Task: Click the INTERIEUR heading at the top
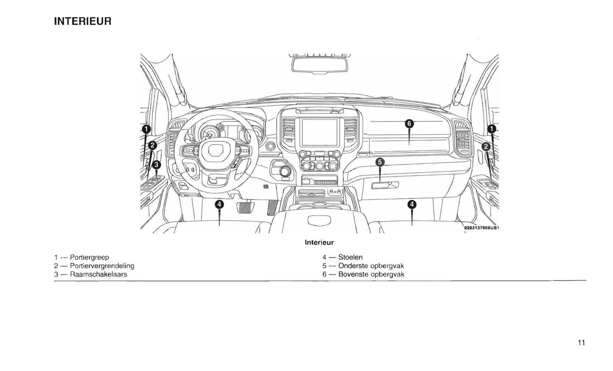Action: tap(83, 21)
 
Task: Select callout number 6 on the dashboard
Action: tap(409, 124)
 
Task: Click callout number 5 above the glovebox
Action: tap(380, 162)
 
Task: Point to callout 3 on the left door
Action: tap(156, 164)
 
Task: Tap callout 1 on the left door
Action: tap(146, 128)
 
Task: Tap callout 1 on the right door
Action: tap(492, 128)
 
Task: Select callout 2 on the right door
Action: tap(486, 146)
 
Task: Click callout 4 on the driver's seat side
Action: tap(219, 205)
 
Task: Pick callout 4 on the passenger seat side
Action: tap(411, 205)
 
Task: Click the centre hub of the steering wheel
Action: tap(216, 150)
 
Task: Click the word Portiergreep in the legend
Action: tap(90, 257)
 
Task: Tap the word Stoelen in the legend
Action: tap(350, 257)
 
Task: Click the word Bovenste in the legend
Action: tap(353, 274)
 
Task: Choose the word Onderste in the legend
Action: tap(353, 266)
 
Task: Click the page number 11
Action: tap(581, 343)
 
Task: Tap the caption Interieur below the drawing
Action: tap(319, 243)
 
